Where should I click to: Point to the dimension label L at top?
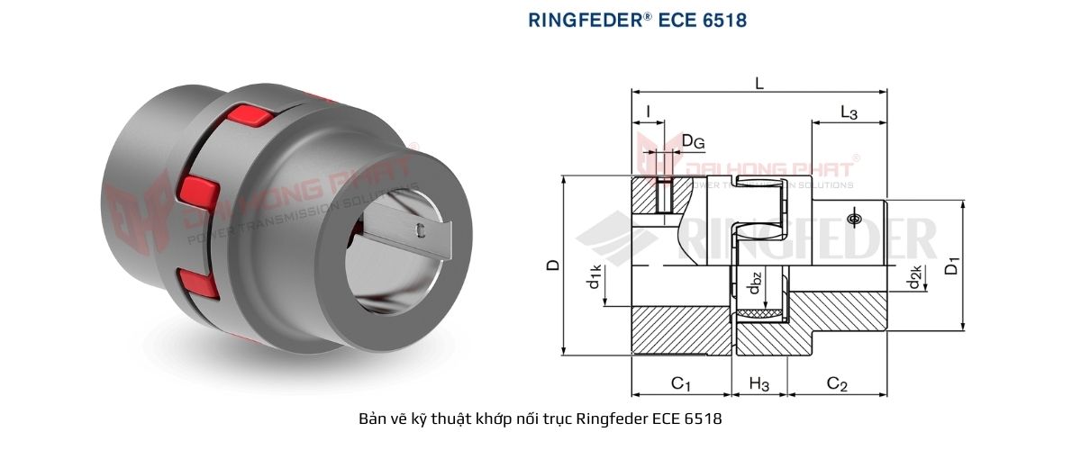[x=759, y=84]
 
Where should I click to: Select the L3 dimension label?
[x=848, y=112]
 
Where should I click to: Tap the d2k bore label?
[x=915, y=281]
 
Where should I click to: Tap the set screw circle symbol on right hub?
[x=853, y=219]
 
